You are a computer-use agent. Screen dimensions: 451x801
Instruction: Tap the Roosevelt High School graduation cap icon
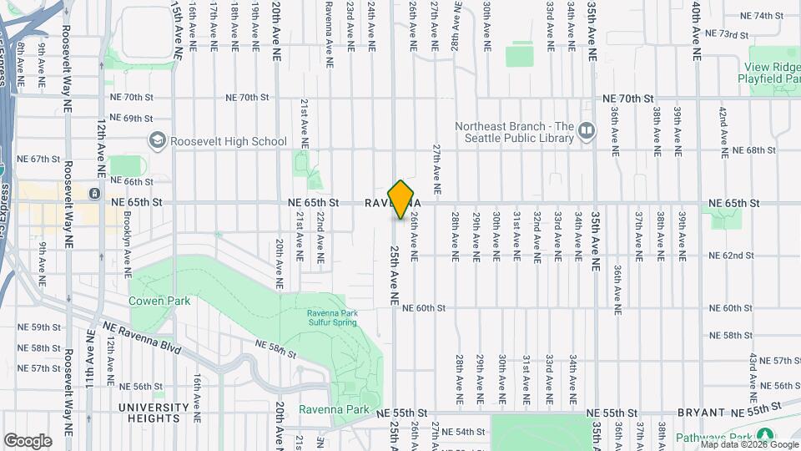[x=156, y=140]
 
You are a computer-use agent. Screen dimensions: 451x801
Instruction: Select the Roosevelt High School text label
[x=228, y=141]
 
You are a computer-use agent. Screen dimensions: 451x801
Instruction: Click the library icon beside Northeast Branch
[x=587, y=130]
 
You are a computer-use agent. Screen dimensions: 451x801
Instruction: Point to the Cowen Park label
[x=159, y=301]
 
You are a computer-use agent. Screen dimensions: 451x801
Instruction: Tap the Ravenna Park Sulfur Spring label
[x=331, y=319]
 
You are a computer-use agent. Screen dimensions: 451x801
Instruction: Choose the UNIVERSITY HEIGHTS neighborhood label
[x=154, y=413]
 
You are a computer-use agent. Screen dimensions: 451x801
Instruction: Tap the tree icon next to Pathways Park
[x=765, y=435]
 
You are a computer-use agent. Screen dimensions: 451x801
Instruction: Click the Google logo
[x=28, y=440]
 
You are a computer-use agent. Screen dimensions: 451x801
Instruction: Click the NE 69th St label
[x=131, y=119]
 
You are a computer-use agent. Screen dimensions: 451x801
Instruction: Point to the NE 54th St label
[x=465, y=432]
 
